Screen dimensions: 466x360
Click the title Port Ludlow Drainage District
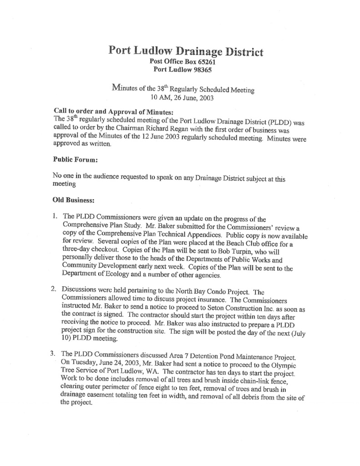pyautogui.click(x=186, y=51)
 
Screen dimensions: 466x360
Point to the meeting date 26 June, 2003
pyautogui.click(x=197, y=98)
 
